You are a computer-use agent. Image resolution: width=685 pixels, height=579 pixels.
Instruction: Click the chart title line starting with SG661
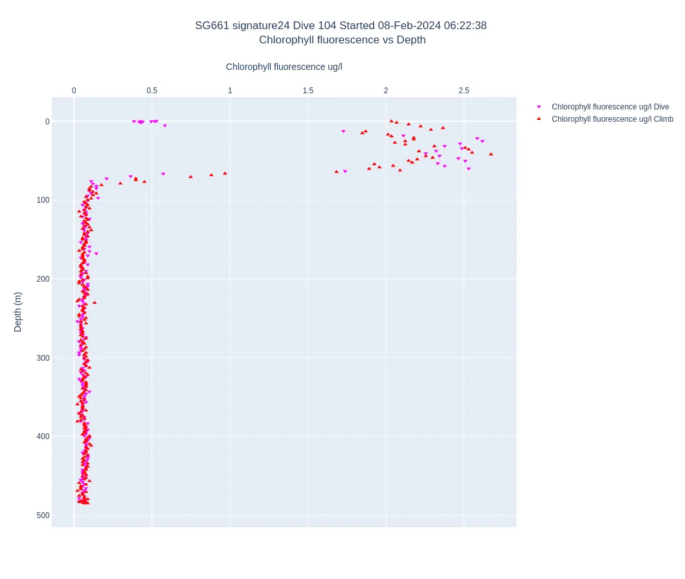pos(341,26)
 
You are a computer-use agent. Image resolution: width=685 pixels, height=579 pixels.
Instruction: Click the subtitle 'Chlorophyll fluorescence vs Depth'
pos(342,40)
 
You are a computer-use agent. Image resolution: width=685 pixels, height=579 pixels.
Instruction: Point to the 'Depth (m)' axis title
pos(18,312)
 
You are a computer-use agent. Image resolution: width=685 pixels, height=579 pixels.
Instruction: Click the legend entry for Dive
pos(610,107)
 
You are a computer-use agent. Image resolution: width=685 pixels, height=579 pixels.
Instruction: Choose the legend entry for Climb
pos(612,119)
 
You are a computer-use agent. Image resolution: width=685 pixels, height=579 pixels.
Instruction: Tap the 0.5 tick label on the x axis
pos(152,91)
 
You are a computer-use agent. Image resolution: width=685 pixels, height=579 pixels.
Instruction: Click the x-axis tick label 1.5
pos(308,91)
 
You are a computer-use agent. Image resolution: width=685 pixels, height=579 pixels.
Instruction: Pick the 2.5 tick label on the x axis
pos(464,91)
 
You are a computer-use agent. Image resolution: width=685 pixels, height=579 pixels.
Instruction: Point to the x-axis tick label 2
pos(386,91)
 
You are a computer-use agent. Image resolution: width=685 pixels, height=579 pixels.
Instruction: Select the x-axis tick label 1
pos(230,91)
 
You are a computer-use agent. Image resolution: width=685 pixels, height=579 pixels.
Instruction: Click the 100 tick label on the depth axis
pos(43,200)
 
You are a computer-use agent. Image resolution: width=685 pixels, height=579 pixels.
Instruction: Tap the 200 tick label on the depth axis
pos(43,279)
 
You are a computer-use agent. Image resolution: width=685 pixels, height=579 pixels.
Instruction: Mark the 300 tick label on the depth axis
pos(43,358)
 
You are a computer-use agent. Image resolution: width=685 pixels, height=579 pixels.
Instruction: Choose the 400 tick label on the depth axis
pos(43,437)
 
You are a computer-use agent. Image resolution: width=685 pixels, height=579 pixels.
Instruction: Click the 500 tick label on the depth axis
pos(43,516)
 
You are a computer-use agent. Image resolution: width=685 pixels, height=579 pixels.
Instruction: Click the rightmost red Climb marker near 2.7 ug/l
pos(491,154)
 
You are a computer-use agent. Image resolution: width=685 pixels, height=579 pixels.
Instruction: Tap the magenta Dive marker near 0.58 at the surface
pos(165,126)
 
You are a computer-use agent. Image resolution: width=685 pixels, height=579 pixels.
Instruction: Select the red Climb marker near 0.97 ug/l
pos(225,173)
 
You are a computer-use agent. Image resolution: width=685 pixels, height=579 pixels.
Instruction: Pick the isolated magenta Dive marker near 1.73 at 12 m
pos(343,131)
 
